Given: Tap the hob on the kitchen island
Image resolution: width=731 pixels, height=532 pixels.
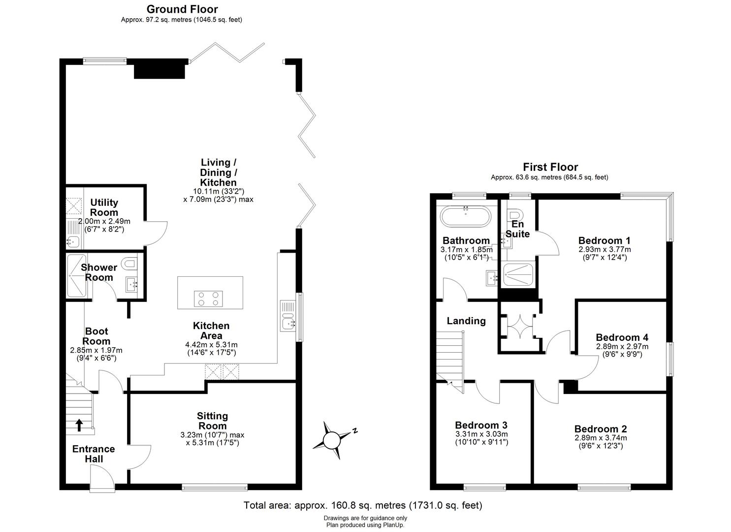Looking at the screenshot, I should pos(208,298).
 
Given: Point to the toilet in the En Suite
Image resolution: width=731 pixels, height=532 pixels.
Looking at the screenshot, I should pos(515,216).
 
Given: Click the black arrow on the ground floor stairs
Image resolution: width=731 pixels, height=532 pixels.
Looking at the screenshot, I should pos(79,425).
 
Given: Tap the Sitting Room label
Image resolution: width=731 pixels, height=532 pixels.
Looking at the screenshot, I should pos(213,421).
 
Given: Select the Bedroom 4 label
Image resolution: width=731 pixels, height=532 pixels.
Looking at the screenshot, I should pos(622,337).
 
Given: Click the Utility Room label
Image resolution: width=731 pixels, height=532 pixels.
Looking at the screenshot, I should pos(104,207).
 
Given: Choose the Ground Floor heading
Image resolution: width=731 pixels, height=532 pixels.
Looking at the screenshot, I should pos(182,9).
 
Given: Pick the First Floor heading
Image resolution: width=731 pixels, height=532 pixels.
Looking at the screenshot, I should pos(550,167).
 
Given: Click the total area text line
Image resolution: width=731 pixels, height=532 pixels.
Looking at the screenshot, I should pos(363,505).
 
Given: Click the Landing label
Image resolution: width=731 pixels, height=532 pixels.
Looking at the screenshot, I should pos(466,321).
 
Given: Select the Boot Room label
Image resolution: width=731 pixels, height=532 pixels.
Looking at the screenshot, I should pos(96,336).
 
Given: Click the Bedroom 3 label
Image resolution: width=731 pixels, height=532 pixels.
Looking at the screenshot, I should pos(481,425).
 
